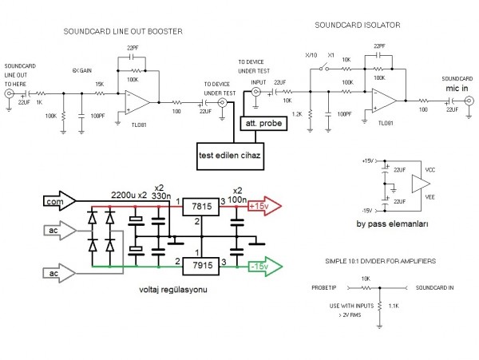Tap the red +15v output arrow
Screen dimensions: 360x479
tap(263, 207)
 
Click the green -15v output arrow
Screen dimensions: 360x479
tap(263, 264)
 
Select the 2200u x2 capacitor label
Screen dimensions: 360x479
tap(129, 195)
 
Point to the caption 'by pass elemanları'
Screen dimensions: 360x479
tap(394, 225)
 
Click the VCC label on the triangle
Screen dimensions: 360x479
tap(430, 170)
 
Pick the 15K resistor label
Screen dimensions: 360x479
tap(99, 85)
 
